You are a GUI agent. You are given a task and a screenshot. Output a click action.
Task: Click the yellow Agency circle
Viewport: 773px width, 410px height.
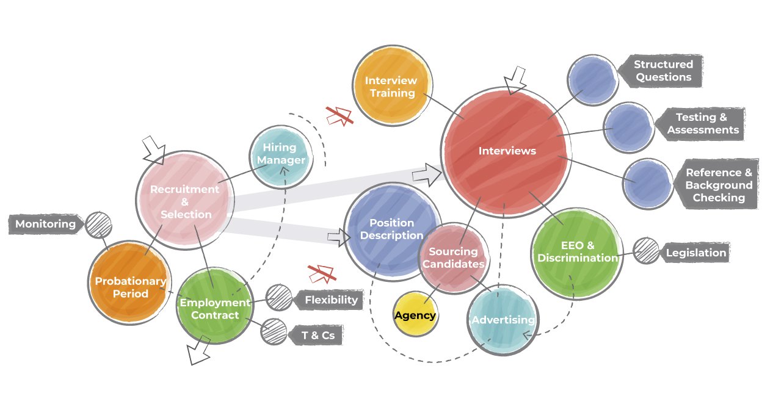415,314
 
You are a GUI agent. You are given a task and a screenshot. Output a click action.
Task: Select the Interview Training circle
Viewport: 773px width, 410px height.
391,87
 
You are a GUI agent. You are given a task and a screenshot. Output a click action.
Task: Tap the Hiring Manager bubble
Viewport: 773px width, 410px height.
280,156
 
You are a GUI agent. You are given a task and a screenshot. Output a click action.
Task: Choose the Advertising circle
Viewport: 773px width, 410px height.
503,320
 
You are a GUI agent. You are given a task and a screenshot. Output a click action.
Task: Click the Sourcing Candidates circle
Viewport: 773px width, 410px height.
454,258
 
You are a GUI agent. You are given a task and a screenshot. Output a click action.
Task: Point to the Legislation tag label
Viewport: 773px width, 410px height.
695,253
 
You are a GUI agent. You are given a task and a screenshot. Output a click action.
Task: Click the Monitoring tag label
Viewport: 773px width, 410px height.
46,224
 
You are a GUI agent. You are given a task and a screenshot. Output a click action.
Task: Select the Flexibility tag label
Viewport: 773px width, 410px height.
330,300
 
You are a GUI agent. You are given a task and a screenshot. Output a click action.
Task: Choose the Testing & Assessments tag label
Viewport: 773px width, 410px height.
702,123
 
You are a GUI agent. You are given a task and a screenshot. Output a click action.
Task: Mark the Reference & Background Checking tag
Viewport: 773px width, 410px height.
717,185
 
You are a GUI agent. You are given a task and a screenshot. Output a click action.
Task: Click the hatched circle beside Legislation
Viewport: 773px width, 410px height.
645,251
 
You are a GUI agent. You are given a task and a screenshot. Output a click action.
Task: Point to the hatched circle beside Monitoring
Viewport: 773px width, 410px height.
98,225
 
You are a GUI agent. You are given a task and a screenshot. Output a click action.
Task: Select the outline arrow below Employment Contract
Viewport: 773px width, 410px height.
199,353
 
